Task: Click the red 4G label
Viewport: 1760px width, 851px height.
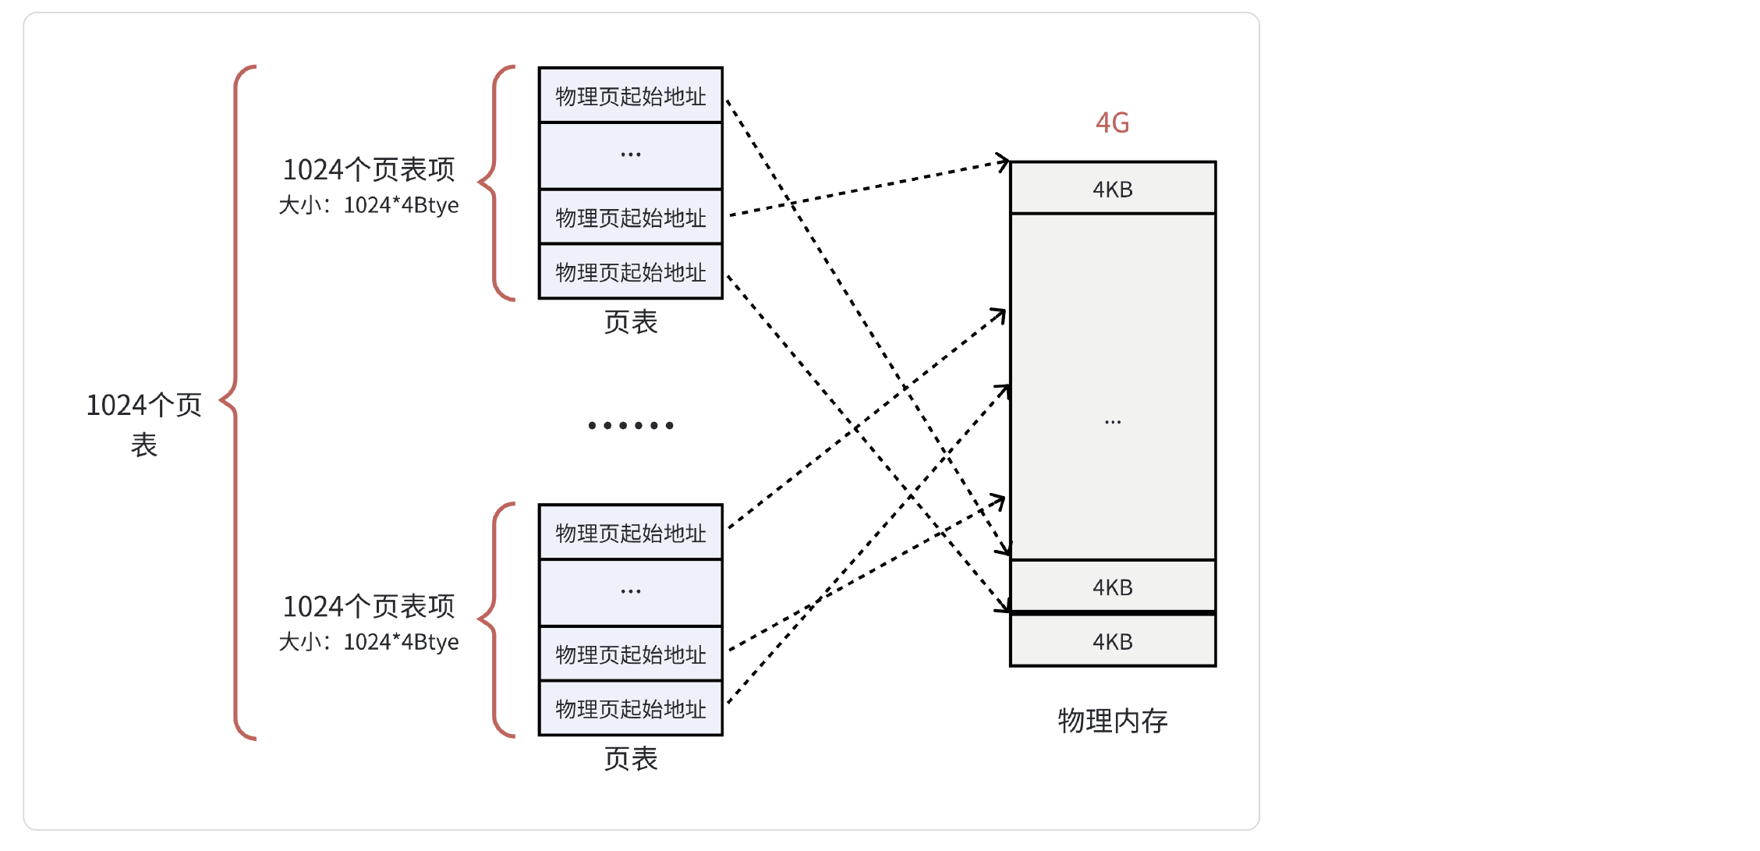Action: point(1112,122)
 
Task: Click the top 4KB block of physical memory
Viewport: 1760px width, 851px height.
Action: point(1112,188)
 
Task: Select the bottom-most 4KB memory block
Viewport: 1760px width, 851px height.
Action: point(1112,641)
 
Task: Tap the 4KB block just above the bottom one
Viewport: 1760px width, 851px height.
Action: point(1112,587)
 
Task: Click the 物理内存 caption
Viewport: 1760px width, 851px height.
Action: point(1112,720)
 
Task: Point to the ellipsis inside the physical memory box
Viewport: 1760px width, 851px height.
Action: point(1112,422)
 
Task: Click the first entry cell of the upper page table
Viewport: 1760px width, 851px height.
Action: point(630,96)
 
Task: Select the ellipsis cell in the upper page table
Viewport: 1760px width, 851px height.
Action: point(630,155)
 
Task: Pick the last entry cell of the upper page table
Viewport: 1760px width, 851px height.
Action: point(630,272)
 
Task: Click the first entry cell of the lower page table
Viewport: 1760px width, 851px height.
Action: point(630,533)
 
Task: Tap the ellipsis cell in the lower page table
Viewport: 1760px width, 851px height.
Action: point(630,592)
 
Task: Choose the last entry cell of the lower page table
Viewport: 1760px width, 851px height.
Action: point(630,709)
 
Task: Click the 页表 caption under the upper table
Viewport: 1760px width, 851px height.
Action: point(630,322)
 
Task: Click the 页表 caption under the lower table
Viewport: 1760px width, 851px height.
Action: point(630,759)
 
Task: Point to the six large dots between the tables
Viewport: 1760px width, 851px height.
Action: point(630,425)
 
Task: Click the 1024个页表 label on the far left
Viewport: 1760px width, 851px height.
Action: point(144,424)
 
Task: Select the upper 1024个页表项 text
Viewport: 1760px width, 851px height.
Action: point(368,169)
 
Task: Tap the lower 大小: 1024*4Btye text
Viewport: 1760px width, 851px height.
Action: point(368,642)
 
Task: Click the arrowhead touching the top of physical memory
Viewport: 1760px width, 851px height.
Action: point(1004,162)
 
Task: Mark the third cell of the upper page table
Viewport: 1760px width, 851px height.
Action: point(630,218)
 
